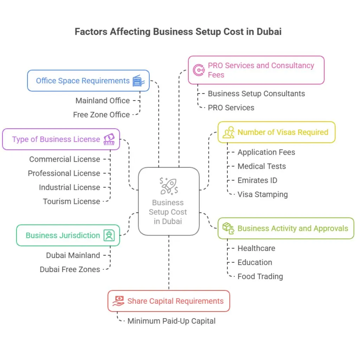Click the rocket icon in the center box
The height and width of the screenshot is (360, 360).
click(x=169, y=186)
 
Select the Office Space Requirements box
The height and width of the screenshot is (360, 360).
click(x=88, y=81)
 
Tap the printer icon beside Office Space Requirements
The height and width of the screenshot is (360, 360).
click(x=138, y=81)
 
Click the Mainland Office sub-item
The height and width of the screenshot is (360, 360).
click(x=103, y=101)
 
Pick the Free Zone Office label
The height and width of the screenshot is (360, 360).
click(x=101, y=115)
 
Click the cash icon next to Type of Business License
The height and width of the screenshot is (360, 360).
click(x=109, y=139)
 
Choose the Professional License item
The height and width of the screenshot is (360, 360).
click(x=64, y=173)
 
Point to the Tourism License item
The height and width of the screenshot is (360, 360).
click(x=71, y=201)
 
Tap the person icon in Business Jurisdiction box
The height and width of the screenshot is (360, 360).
click(x=109, y=236)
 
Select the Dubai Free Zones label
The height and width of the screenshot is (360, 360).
click(x=70, y=269)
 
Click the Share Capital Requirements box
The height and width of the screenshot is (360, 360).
click(x=169, y=301)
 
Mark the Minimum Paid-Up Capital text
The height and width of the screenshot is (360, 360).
click(x=172, y=321)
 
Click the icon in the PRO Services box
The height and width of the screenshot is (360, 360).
click(x=199, y=70)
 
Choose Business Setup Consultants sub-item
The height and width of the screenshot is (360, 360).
click(x=256, y=94)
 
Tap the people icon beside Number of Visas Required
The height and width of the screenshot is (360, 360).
click(x=229, y=133)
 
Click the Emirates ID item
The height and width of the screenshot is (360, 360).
click(x=257, y=180)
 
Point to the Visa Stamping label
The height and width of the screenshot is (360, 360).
click(x=263, y=194)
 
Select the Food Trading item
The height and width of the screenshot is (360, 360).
click(x=260, y=276)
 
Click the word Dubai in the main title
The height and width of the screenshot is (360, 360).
click(x=269, y=32)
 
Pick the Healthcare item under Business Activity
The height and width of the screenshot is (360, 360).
click(x=256, y=248)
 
